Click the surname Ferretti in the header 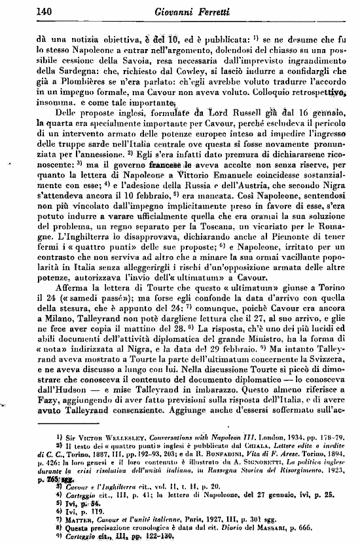[210, 10]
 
